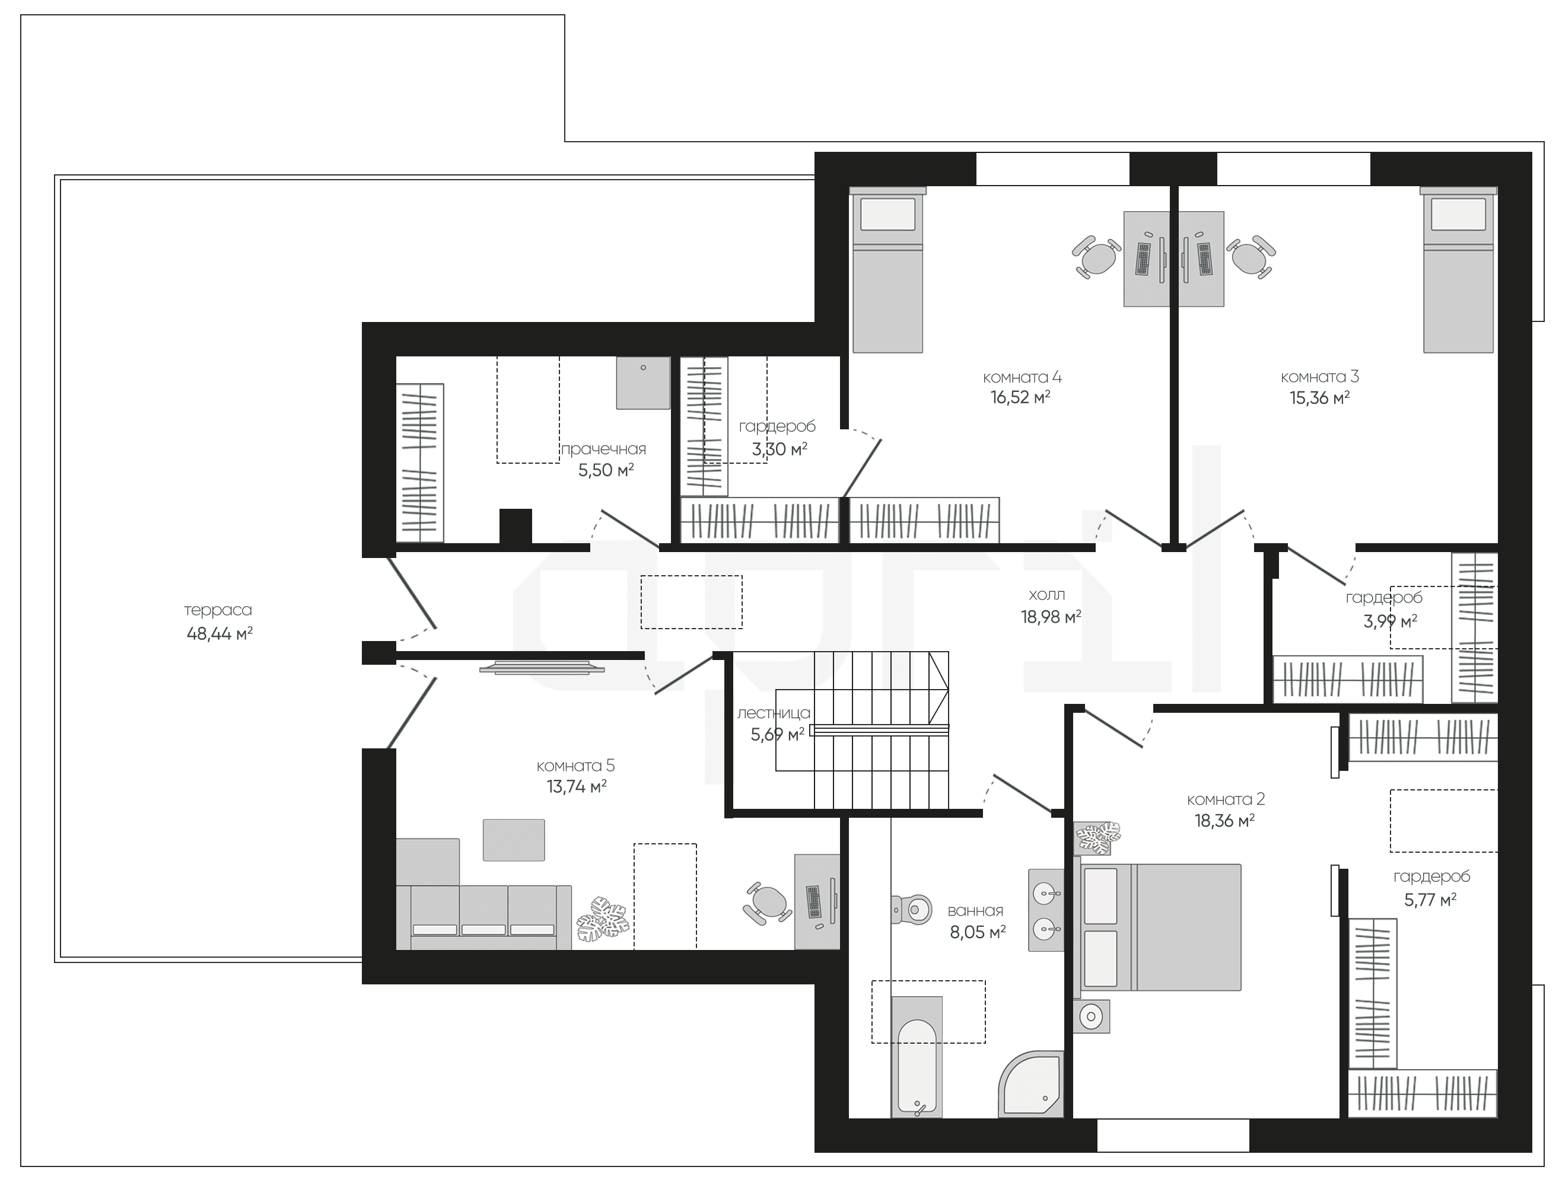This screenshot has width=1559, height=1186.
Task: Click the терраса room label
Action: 218,610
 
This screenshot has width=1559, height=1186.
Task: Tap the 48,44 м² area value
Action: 219,633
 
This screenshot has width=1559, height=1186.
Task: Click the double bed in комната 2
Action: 1158,927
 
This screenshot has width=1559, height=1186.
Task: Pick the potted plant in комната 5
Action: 602,919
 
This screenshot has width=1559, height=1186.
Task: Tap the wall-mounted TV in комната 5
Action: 542,667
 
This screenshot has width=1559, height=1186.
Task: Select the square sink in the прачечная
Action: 642,382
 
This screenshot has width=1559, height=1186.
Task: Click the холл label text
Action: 1047,595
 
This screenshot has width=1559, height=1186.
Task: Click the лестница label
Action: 774,713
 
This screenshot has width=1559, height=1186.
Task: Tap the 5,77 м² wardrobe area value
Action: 1430,900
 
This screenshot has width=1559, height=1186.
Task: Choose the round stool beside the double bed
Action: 1092,1016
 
